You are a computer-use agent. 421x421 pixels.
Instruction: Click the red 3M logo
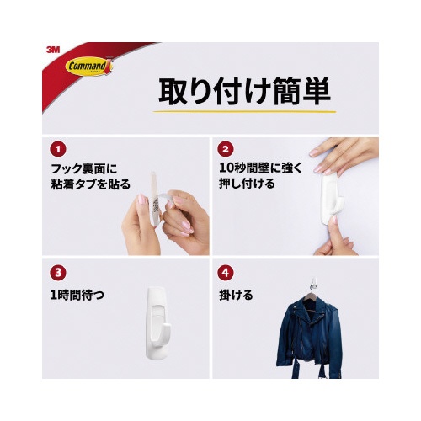(53, 50)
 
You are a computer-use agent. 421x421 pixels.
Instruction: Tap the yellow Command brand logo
(89, 67)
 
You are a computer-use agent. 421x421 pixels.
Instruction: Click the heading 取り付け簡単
(244, 91)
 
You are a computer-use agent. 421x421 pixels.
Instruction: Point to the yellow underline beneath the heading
(244, 111)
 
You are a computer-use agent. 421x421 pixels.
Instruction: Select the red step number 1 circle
(58, 149)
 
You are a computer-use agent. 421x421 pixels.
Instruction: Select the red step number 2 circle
(226, 149)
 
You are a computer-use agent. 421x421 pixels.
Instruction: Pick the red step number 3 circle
(58, 273)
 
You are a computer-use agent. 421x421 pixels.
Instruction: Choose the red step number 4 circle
(226, 273)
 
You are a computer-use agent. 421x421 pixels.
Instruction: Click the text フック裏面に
(84, 169)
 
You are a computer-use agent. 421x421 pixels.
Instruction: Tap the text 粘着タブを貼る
(91, 184)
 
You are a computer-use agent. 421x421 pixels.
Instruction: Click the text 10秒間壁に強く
(261, 168)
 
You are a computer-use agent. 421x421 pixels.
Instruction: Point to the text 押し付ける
(247, 184)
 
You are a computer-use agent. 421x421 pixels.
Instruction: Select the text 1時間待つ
(77, 296)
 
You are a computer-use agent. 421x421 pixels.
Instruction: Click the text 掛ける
(236, 296)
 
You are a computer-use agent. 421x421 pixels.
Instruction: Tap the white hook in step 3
(156, 322)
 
